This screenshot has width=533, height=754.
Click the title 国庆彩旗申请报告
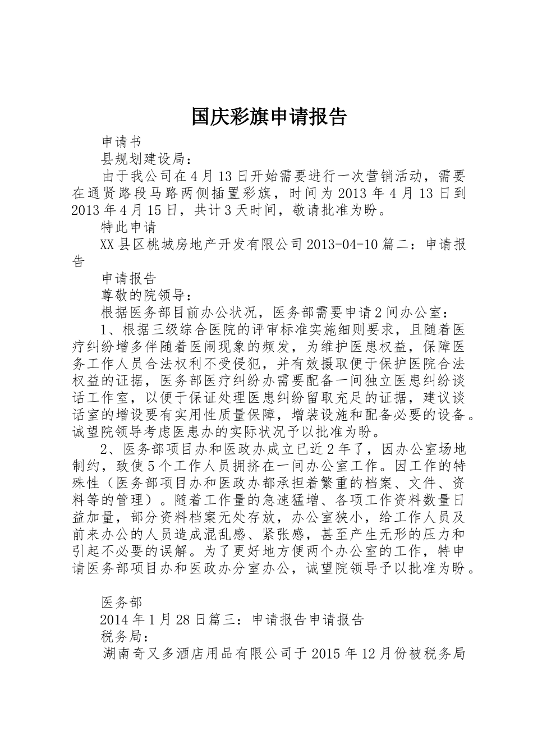pyautogui.click(x=269, y=117)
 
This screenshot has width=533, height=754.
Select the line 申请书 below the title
pyautogui.click(x=121, y=142)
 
